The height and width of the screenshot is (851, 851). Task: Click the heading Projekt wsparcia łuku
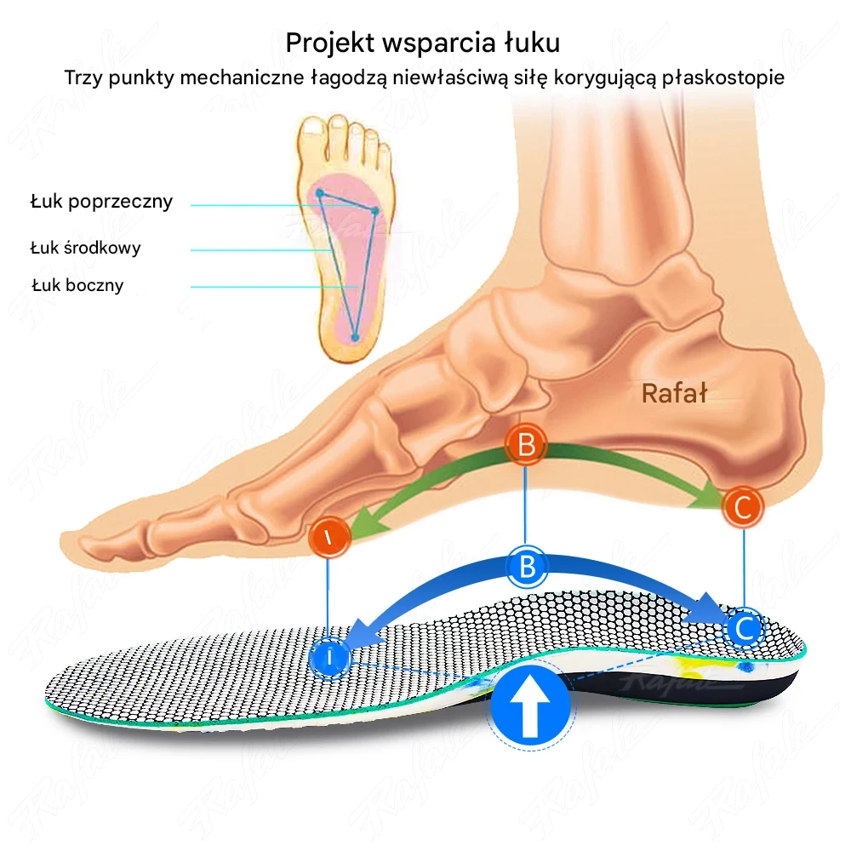click(423, 42)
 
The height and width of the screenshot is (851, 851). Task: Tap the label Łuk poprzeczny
click(101, 202)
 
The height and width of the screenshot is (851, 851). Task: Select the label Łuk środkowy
click(85, 248)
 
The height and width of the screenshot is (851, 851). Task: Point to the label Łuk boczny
click(77, 285)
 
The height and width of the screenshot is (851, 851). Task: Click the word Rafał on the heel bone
click(674, 393)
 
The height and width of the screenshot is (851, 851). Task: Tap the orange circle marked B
click(526, 445)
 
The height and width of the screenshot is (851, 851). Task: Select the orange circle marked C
click(742, 508)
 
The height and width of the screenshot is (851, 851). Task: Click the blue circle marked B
click(526, 566)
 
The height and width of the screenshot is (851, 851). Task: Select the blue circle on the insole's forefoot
click(329, 657)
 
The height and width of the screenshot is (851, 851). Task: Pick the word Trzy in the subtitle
click(83, 78)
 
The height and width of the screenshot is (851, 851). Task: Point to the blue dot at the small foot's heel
click(356, 337)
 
